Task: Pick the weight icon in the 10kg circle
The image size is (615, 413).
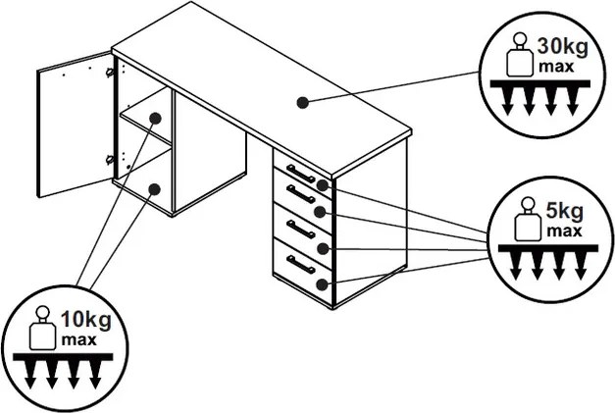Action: point(42,330)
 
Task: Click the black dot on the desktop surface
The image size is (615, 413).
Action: point(303,101)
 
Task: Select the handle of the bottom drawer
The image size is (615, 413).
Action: point(300,264)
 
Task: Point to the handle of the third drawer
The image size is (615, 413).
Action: point(300,229)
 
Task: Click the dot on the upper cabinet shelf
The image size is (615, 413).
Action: point(155,118)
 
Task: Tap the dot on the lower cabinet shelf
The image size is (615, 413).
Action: point(154,187)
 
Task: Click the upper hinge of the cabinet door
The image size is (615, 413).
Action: point(110,72)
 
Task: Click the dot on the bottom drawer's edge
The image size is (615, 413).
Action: point(324,284)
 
